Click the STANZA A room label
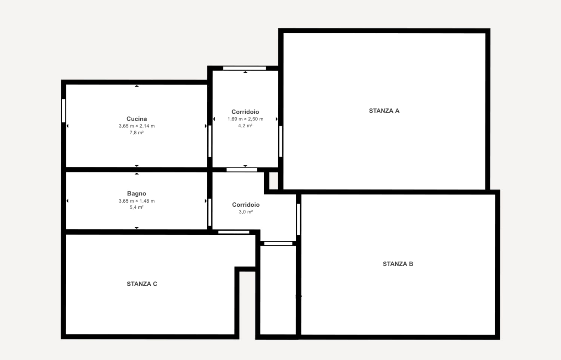[384, 111]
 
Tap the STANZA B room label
[398, 264]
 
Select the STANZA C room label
[142, 284]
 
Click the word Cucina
[137, 119]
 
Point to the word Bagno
[137, 194]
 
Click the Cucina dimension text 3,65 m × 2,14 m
[137, 126]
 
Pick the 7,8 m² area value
[137, 133]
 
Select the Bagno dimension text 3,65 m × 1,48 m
[137, 201]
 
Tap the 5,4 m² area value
[137, 207]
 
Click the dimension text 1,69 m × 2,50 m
[245, 119]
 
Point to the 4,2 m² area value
[245, 126]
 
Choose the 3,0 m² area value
[246, 212]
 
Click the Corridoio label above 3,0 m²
[246, 205]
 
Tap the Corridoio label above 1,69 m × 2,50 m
[245, 112]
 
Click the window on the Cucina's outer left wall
[64, 111]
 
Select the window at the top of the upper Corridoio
[245, 68]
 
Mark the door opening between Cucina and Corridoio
[210, 141]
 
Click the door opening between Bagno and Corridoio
[210, 212]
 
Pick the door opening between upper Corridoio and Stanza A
[280, 141]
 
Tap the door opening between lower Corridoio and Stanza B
[298, 219]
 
